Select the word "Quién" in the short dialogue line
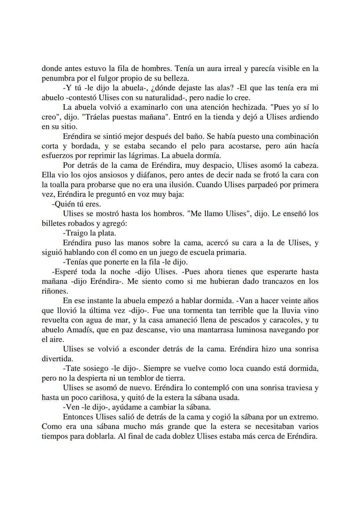[64, 204]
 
